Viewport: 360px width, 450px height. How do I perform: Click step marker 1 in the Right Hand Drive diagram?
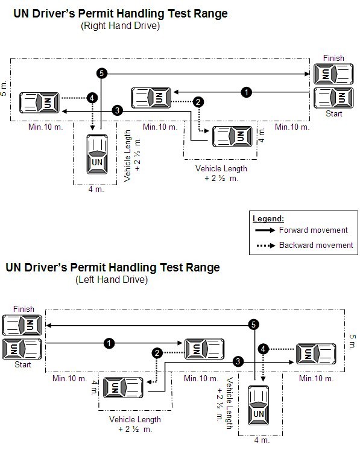(x=245, y=92)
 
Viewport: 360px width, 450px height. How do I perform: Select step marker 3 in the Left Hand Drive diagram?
(x=239, y=361)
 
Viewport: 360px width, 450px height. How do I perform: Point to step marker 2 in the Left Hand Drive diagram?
(x=157, y=353)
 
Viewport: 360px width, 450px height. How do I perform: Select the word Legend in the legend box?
(x=268, y=218)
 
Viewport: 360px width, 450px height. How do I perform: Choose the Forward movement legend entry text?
(x=313, y=230)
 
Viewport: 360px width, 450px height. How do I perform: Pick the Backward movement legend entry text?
(x=315, y=245)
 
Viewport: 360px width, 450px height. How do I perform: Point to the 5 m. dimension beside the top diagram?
(x=5, y=89)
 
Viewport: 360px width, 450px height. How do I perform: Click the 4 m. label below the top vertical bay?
(x=96, y=190)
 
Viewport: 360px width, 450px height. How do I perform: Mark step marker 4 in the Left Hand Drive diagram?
(x=264, y=349)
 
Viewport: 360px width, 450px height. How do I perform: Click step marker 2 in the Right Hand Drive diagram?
(x=197, y=103)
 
